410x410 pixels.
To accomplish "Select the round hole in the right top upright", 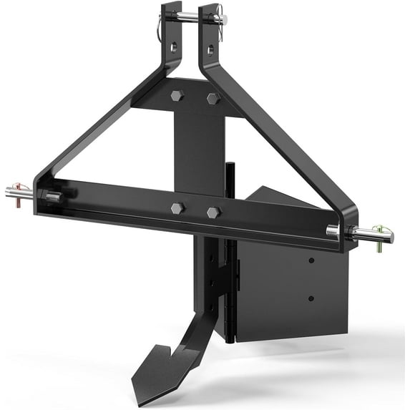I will click(210, 49).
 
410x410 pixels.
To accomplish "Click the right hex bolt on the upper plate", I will click(212, 98).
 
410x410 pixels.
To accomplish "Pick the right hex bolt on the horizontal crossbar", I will click(213, 213).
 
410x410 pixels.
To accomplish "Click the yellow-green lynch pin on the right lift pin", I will click(384, 233).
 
